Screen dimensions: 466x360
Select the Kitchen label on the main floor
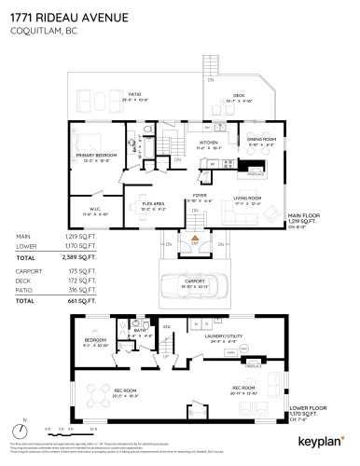coord(207,143)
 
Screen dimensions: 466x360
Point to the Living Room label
coord(246,199)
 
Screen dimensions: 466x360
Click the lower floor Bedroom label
coord(95,341)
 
